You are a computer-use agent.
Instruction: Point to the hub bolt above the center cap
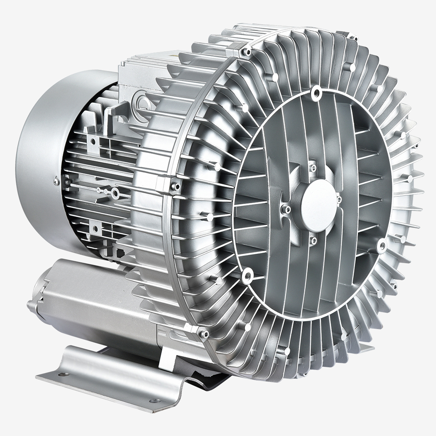click(x=313, y=167)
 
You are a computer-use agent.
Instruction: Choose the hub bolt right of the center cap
click(x=339, y=200)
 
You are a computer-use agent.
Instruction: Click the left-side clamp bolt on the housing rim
click(x=175, y=187)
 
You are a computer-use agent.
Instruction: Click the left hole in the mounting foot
click(x=61, y=374)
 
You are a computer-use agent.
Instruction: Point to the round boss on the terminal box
click(x=141, y=102)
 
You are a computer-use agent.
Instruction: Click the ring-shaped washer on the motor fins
click(x=115, y=192)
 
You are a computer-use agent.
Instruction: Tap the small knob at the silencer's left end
click(x=31, y=304)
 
